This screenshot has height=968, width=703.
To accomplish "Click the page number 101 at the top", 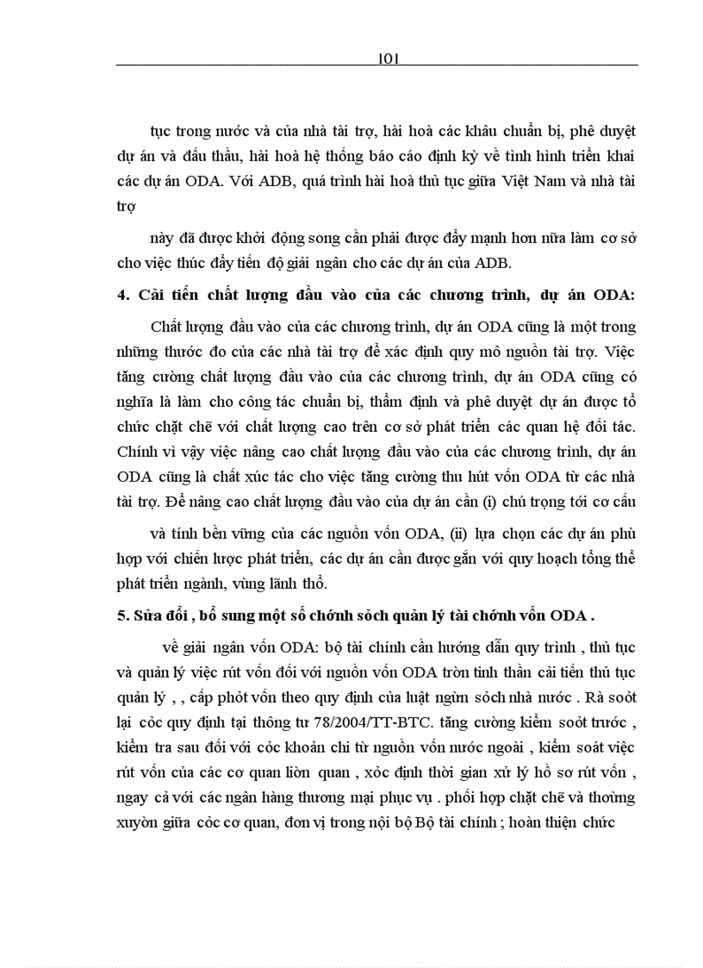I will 386,58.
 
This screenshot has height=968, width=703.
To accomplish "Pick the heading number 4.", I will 121,294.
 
